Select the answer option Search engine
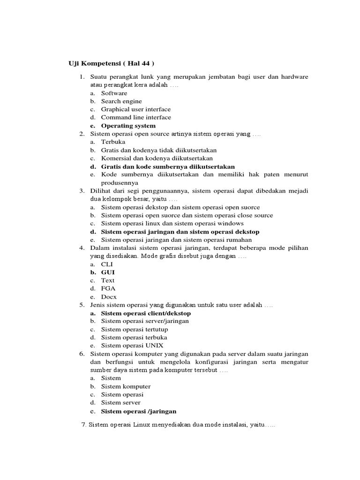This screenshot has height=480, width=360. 121,101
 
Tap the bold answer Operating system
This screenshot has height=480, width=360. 128,126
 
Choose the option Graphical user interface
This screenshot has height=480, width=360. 136,109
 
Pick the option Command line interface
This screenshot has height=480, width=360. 136,117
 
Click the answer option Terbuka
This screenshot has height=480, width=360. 113,142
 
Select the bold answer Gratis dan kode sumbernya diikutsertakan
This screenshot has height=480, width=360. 168,166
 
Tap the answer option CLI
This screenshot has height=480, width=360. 107,264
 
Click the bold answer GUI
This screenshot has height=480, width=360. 108,272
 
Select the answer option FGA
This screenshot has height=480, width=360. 108,289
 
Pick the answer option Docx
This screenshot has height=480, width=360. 109,297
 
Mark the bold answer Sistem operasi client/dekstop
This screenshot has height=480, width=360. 146,313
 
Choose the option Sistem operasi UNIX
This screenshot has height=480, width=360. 132,345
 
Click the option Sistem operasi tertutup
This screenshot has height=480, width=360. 135,330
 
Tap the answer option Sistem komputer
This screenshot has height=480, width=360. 126,387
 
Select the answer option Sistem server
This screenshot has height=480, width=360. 120,403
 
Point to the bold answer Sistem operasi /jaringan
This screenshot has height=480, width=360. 139,411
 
